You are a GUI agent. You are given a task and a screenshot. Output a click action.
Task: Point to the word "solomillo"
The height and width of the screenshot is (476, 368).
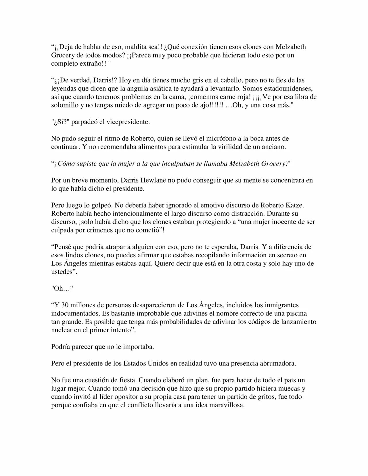pos(65,105)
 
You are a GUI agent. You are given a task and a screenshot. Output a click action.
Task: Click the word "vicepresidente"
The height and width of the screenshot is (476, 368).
pos(128,122)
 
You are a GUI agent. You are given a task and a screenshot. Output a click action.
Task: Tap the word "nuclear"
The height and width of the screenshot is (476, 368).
pos(62,330)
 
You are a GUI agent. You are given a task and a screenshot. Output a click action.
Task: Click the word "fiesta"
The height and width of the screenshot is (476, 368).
pos(126,380)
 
